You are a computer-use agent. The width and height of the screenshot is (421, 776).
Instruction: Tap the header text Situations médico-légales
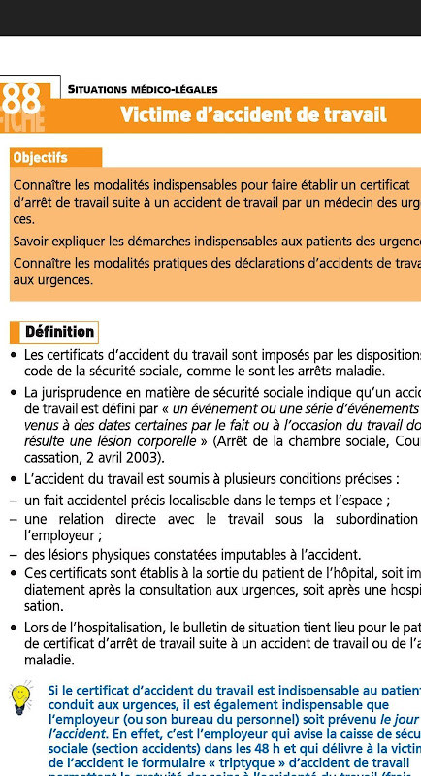tap(143, 89)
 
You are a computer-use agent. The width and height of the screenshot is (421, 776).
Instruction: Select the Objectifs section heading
tap(41, 157)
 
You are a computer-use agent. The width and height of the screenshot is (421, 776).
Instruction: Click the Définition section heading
tap(59, 332)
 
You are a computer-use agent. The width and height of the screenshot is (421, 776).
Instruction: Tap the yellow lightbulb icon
tap(21, 699)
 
